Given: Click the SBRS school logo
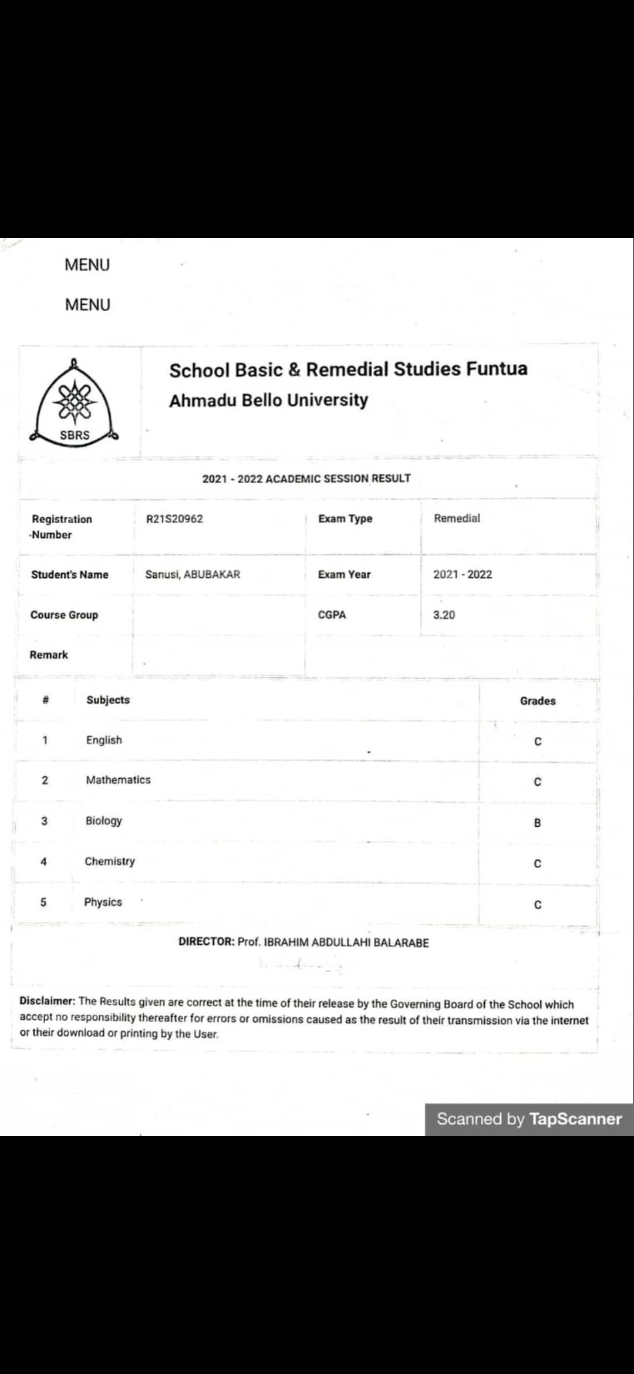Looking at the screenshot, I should point(75,405).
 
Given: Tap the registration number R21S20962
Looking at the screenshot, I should point(174,519).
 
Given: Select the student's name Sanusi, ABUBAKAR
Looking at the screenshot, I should point(193,574).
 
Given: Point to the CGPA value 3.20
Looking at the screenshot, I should point(444,615).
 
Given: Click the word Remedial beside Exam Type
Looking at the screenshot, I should point(457,518).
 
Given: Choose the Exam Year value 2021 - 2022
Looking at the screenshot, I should point(463,574).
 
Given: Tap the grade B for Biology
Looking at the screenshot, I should point(537,823).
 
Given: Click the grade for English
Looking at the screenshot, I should point(537,742).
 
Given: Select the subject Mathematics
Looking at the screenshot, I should point(118,780).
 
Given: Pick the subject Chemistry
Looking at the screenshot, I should point(110,861).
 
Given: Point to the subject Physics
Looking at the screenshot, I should point(103,902).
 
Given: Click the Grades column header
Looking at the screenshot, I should point(537,701).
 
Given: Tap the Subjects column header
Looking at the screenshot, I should point(108,700).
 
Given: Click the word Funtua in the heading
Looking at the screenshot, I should point(497,369).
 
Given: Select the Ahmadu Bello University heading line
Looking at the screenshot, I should point(268,400).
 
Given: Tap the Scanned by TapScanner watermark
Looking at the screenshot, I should point(529,1119).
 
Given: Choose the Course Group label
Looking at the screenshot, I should point(64,615).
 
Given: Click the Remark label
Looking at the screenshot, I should point(49,655).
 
